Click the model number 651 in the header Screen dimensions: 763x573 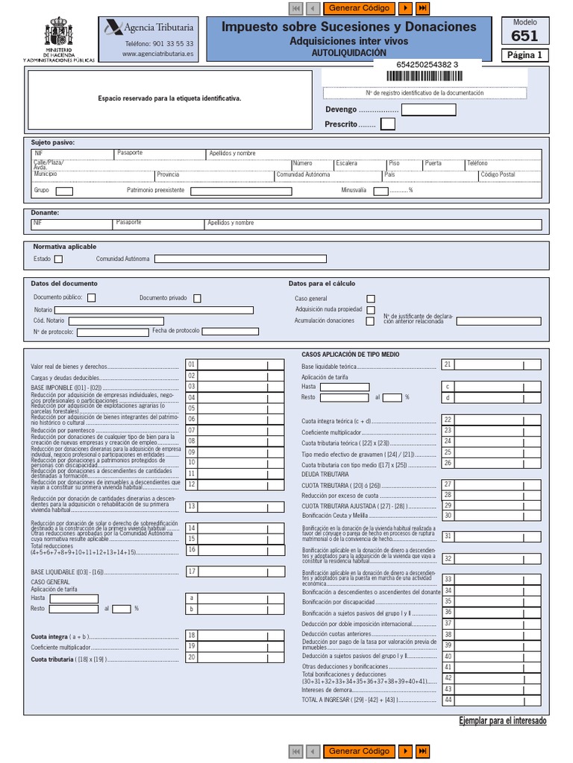coord(525,36)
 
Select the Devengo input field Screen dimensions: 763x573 coord(428,110)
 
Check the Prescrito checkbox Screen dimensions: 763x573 coord(387,124)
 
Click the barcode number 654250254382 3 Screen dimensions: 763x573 coord(422,66)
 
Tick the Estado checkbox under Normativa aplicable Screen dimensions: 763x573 coord(59,259)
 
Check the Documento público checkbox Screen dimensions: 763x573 coord(91,298)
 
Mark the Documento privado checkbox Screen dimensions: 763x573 coord(197,298)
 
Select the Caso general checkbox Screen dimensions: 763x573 coord(371,299)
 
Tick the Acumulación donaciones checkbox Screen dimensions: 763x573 coord(370,321)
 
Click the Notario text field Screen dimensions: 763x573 coord(154,310)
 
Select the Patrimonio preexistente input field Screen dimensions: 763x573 coord(241,191)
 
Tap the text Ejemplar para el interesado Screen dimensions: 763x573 coord(502,721)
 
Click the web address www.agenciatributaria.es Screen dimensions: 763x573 coord(157,54)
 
